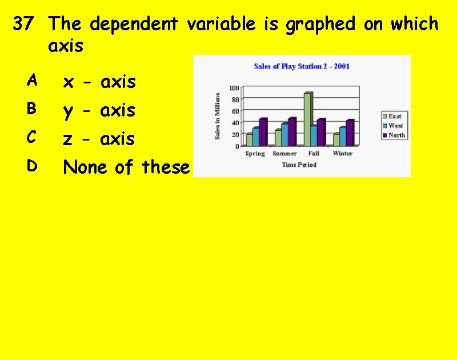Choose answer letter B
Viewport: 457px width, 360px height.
31,108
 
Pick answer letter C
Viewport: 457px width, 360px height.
31,137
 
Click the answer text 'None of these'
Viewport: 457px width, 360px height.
126,167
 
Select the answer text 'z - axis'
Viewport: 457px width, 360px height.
99,139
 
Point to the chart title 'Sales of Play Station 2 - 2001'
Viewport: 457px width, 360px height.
302,66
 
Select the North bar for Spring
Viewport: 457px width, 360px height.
263,132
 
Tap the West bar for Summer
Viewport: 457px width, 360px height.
284,134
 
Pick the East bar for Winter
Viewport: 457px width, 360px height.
336,139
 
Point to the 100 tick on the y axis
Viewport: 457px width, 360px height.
234,88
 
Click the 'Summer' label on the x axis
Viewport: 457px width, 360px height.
284,154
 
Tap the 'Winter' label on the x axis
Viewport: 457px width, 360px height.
343,154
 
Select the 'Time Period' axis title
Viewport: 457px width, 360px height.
299,165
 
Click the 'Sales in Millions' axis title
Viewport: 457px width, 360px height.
217,117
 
